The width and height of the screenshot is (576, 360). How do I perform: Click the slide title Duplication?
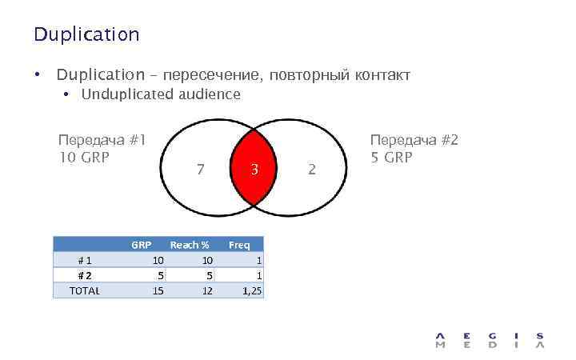tap(86, 34)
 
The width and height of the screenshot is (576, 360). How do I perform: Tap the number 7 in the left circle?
tap(200, 170)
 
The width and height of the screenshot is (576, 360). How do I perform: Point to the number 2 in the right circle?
tap(312, 170)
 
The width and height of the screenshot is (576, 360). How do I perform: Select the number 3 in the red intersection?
tap(254, 170)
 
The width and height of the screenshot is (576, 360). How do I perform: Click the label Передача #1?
tap(102, 140)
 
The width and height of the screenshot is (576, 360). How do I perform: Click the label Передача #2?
tap(413, 140)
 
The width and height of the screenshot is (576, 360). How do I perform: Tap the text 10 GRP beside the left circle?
tap(84, 156)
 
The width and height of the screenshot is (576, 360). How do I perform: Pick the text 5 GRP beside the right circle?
tap(391, 157)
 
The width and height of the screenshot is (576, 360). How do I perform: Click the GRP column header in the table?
tap(142, 245)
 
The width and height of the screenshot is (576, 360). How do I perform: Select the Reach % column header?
tap(189, 245)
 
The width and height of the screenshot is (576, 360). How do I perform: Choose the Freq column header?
tap(239, 245)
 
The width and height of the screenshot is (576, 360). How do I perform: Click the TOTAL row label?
tap(85, 290)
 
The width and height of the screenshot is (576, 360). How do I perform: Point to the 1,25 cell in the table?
tap(251, 291)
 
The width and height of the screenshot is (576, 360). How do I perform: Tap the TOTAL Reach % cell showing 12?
tap(206, 291)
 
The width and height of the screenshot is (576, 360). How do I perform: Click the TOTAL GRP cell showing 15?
tap(158, 291)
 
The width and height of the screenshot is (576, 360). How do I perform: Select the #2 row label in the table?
tap(84, 275)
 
